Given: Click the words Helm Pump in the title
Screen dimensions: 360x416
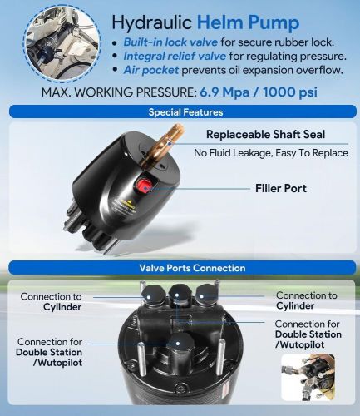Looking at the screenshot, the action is click(x=248, y=22).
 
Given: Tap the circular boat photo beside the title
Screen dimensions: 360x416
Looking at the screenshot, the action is click(x=62, y=44).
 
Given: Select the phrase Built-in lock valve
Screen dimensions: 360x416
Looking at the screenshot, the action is click(x=170, y=42).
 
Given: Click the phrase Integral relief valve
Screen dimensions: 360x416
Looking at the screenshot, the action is click(x=175, y=56).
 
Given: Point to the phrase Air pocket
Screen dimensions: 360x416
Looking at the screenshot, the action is click(x=151, y=70).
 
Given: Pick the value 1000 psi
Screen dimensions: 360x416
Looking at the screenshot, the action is click(x=290, y=92).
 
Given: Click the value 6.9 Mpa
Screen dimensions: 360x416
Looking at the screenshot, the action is click(x=224, y=92).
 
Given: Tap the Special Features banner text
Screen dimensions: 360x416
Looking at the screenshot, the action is click(x=185, y=112).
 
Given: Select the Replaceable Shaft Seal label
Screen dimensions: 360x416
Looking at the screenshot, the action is click(x=265, y=135).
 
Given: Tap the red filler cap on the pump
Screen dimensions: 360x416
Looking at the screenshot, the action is click(x=144, y=185).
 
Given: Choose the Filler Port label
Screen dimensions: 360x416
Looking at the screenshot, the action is click(x=281, y=189).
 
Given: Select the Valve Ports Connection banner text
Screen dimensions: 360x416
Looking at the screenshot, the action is click(x=192, y=268).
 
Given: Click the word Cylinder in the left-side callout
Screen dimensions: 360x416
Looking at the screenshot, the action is click(x=62, y=307).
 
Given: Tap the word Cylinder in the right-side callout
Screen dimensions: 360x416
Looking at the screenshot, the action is click(x=295, y=306).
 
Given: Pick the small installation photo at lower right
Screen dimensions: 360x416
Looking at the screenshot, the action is click(x=308, y=377).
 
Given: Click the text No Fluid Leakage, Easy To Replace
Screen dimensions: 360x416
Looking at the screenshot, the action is click(x=271, y=153).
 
